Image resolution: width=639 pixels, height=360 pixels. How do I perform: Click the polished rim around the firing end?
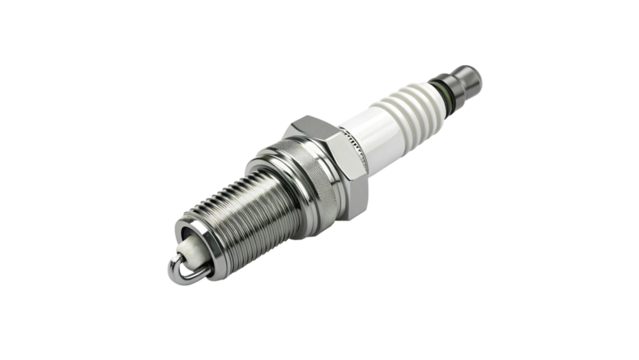point(196,244)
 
